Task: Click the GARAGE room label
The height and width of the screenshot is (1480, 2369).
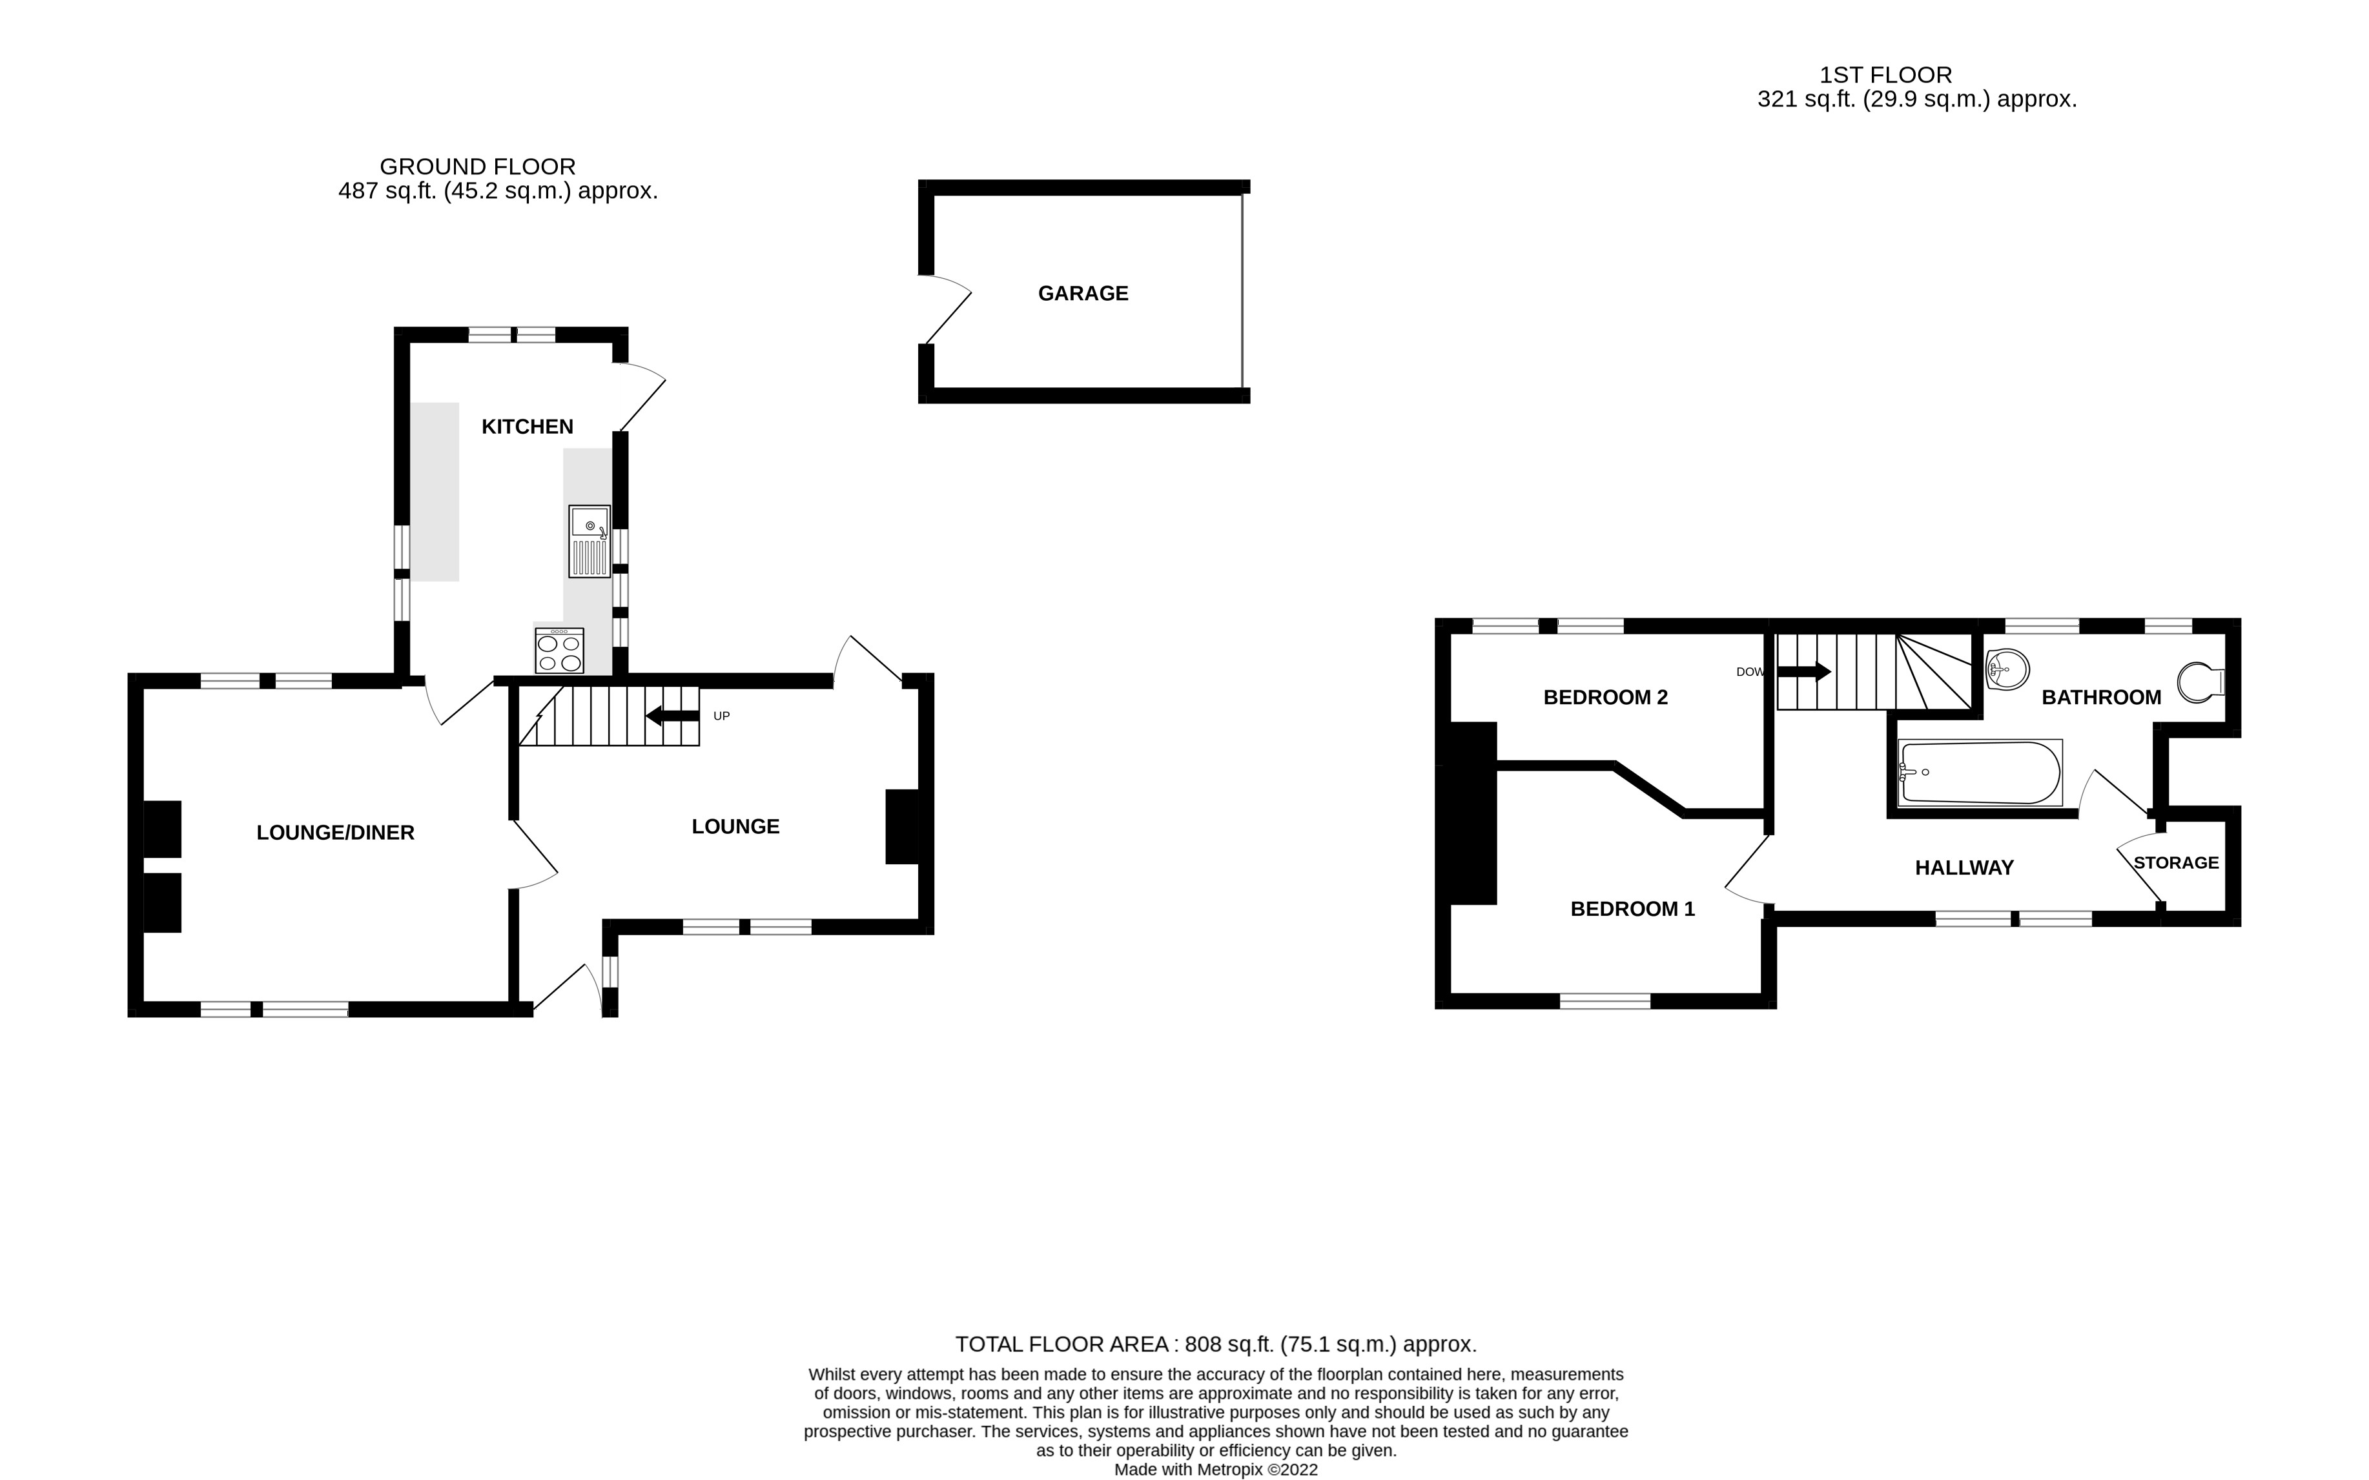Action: coord(1083,294)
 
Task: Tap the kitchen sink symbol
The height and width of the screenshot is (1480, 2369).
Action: coord(590,542)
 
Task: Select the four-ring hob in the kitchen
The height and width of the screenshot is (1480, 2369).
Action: coord(559,651)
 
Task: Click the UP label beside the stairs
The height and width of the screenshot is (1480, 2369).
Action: coord(721,716)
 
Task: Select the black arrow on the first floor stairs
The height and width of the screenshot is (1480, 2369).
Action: coord(1803,671)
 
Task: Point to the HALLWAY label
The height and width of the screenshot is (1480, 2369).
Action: coord(1964,868)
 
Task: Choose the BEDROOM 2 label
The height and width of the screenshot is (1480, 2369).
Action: coord(1605,698)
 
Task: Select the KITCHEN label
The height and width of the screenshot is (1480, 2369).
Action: coord(527,427)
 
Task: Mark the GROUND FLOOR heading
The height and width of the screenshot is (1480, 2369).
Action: coord(478,167)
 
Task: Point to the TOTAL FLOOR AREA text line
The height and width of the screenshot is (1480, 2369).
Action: coord(1215,1344)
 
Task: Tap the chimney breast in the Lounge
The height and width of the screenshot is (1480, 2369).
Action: coord(901,826)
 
